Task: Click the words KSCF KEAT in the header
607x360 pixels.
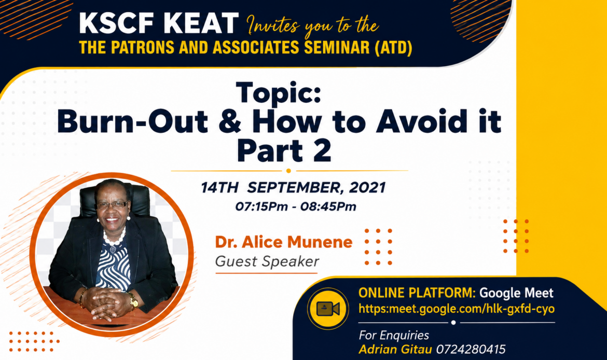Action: pyautogui.click(x=158, y=23)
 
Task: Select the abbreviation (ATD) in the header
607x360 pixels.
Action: pyautogui.click(x=393, y=48)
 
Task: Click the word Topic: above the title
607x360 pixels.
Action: pyautogui.click(x=279, y=93)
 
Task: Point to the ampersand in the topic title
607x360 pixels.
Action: pyautogui.click(x=230, y=121)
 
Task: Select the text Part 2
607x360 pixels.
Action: pyautogui.click(x=284, y=150)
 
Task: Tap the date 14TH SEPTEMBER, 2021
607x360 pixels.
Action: pyautogui.click(x=294, y=188)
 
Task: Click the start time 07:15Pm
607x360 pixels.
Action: pyautogui.click(x=261, y=206)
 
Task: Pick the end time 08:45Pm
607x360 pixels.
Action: pyautogui.click(x=328, y=206)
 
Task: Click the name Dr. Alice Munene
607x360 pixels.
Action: pyautogui.click(x=284, y=242)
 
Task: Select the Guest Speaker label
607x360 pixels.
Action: pyautogui.click(x=267, y=261)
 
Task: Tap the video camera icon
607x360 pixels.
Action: pyautogui.click(x=328, y=309)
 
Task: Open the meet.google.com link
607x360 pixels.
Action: pyautogui.click(x=457, y=309)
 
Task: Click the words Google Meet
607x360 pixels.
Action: pyautogui.click(x=516, y=293)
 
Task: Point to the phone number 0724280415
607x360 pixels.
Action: pyautogui.click(x=471, y=350)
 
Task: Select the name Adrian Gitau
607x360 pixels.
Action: pyautogui.click(x=395, y=350)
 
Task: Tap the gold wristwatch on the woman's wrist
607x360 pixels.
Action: pyautogui.click(x=133, y=300)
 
